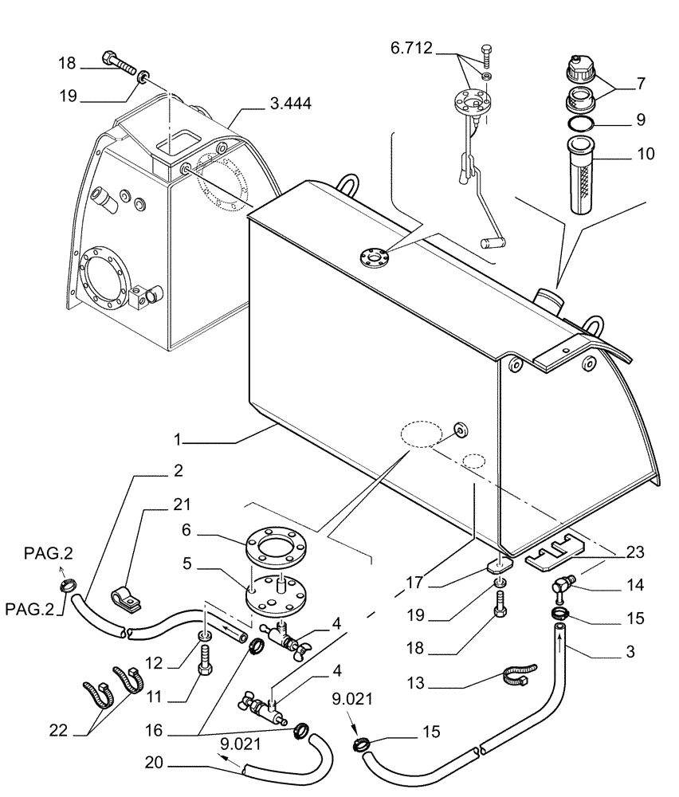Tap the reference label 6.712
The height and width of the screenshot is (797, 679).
(x=411, y=49)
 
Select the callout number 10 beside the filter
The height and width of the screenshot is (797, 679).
(x=645, y=153)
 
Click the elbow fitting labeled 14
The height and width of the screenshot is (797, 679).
(x=561, y=590)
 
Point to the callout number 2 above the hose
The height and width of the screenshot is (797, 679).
(x=177, y=471)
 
